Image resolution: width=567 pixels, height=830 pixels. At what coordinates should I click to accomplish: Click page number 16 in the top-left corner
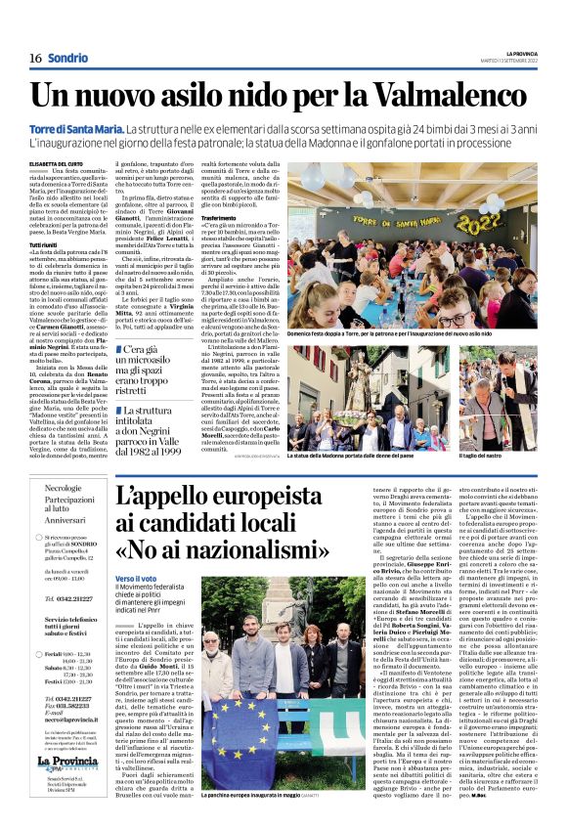click(34, 58)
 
